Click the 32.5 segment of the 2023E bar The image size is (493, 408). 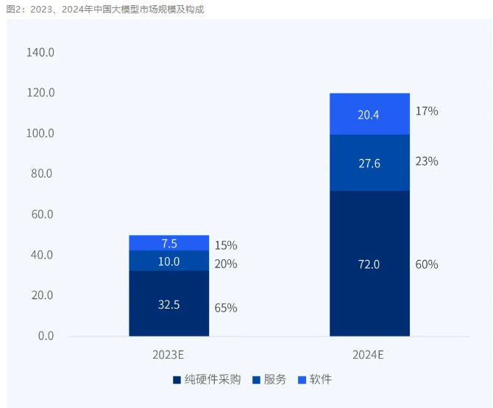click(x=169, y=303)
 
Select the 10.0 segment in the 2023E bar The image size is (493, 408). click(x=169, y=261)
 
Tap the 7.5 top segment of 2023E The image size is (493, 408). click(x=169, y=243)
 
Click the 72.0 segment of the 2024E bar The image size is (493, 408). click(x=369, y=264)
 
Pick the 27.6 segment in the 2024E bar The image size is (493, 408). click(x=369, y=163)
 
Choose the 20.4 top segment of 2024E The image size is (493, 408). click(x=369, y=114)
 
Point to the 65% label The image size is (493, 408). click(x=226, y=308)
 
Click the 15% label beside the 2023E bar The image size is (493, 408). click(x=226, y=245)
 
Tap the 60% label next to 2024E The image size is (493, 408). click(x=427, y=264)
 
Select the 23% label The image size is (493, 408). click(x=427, y=161)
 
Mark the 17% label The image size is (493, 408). click(x=427, y=111)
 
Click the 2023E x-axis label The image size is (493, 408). click(x=169, y=354)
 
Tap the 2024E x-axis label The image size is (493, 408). click(x=369, y=354)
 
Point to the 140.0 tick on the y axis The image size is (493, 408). click(x=40, y=53)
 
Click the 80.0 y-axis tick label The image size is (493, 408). click(x=40, y=174)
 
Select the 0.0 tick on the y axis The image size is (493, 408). click(x=46, y=336)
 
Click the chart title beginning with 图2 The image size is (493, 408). click(x=104, y=9)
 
